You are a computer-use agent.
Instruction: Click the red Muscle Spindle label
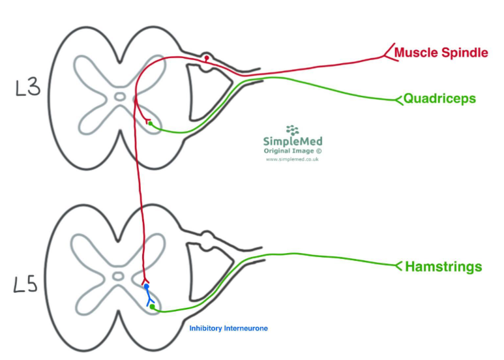(x=441, y=53)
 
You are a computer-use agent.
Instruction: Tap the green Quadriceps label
(x=439, y=99)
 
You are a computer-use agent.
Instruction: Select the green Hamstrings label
(x=443, y=266)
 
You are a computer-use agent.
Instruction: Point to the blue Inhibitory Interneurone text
(x=228, y=328)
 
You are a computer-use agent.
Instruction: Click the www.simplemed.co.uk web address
(x=292, y=159)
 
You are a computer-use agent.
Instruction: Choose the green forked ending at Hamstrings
(x=399, y=265)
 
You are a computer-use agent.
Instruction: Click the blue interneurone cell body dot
(x=147, y=287)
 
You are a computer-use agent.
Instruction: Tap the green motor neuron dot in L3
(x=150, y=123)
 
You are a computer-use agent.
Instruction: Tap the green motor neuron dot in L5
(x=151, y=306)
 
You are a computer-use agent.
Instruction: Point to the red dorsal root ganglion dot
(x=207, y=59)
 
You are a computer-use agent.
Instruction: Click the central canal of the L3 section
(x=119, y=97)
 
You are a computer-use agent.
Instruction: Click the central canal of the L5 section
(x=118, y=276)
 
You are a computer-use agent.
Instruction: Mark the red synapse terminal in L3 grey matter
(x=148, y=120)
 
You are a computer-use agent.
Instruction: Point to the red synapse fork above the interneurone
(x=145, y=280)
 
